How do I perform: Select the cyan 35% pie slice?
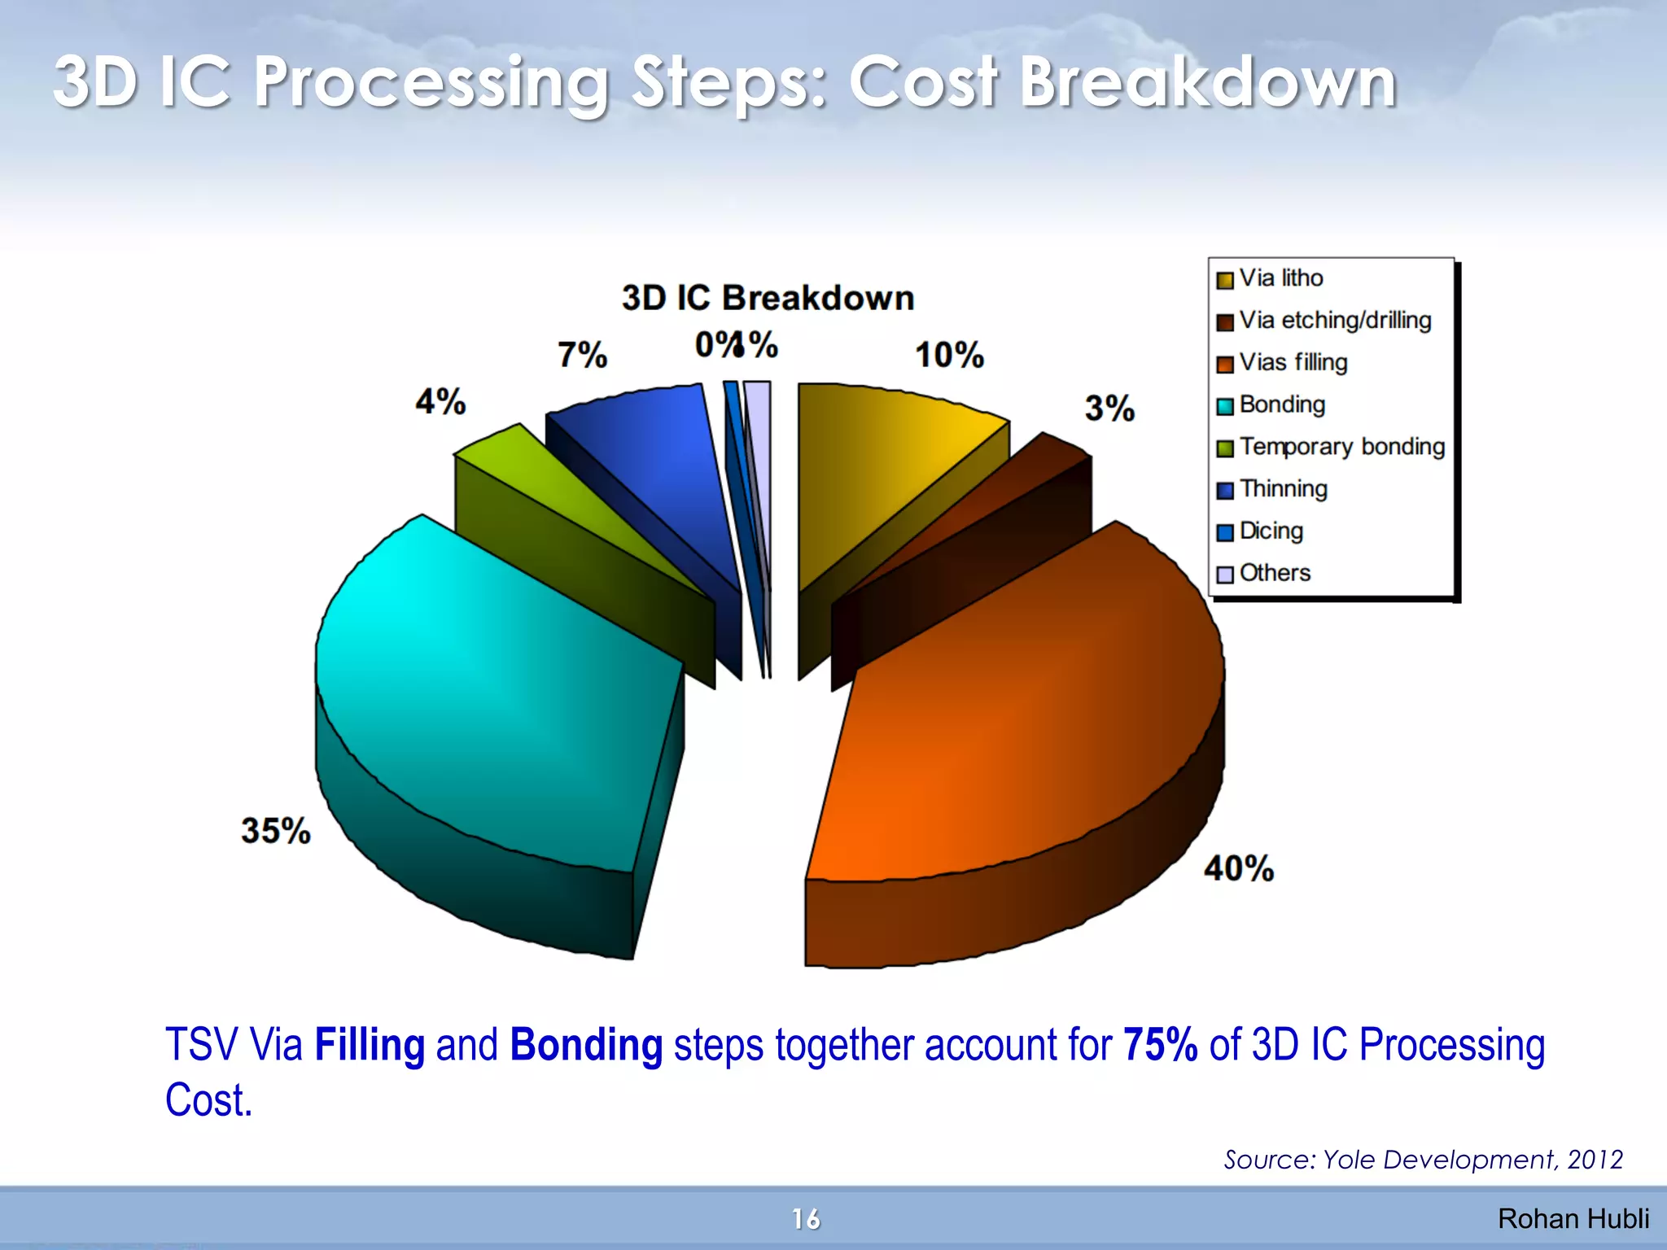click(488, 692)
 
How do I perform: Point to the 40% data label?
click(1238, 868)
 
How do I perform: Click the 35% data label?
click(275, 831)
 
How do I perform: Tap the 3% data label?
click(1109, 408)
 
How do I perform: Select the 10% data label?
click(949, 355)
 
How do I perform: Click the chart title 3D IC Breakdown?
click(768, 298)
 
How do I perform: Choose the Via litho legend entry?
click(1280, 278)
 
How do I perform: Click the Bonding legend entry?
click(1282, 404)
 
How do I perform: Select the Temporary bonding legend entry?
click(1341, 447)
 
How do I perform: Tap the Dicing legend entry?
click(1271, 531)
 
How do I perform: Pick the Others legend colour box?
click(1224, 575)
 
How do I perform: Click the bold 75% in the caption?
click(1160, 1045)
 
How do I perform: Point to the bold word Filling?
click(370, 1045)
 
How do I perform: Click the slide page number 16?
click(806, 1219)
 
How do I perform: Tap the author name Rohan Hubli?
click(1573, 1219)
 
